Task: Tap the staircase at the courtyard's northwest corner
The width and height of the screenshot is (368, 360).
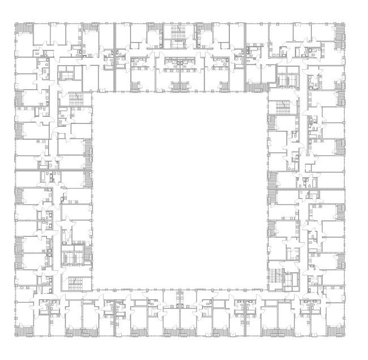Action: [x=76, y=98]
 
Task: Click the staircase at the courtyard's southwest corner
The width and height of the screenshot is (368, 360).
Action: [x=76, y=282]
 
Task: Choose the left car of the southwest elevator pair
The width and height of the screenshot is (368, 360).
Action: [x=67, y=258]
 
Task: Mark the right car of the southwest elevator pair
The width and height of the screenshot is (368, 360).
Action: [x=78, y=258]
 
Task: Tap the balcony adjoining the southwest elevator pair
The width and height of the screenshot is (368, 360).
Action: [x=88, y=252]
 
